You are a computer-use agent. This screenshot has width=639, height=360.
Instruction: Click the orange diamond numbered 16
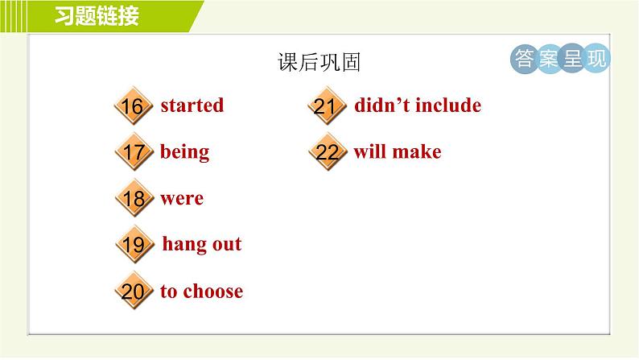[x=134, y=106]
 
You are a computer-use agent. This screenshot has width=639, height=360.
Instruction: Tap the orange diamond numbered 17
[x=134, y=151]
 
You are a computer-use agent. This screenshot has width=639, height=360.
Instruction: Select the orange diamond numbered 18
[x=134, y=198]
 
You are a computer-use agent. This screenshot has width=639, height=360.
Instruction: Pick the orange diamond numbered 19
[x=134, y=244]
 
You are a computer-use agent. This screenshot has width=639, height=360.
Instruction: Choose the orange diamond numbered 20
[x=134, y=291]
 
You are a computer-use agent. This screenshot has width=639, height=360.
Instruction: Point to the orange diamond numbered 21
[x=327, y=106]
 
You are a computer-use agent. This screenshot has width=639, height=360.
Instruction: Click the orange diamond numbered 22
[x=328, y=151]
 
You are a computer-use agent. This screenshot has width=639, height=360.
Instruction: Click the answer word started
[x=192, y=106]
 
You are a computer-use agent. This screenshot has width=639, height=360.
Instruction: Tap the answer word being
[x=184, y=152]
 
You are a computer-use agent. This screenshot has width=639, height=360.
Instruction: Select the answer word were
[x=182, y=199]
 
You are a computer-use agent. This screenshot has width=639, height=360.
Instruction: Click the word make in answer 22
[x=417, y=151]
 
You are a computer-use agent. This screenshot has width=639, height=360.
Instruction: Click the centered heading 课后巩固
[x=319, y=62]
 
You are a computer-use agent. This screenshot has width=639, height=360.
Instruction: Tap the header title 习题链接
[x=97, y=16]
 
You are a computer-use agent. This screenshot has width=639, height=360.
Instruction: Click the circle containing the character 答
[x=525, y=59]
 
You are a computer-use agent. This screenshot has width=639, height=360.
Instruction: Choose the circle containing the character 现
[x=596, y=59]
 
